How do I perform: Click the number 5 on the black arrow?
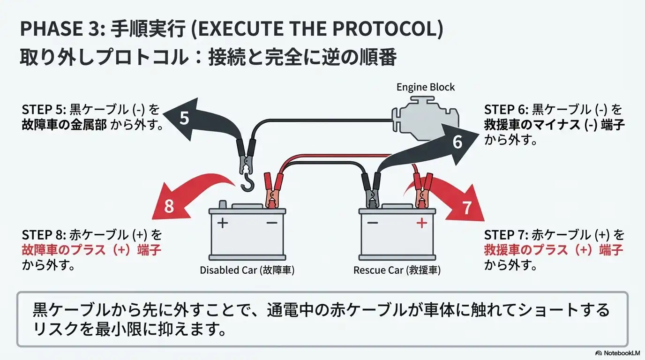(184, 118)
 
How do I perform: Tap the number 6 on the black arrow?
(457, 142)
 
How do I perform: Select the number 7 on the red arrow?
(466, 208)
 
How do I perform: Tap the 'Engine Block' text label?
(425, 87)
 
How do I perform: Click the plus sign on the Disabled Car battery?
(223, 223)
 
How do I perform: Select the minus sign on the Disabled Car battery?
(272, 223)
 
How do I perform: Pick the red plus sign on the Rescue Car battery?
(421, 224)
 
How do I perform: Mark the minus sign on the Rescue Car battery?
(373, 223)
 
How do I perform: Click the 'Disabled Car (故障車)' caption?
(247, 270)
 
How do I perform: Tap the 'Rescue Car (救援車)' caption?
(397, 270)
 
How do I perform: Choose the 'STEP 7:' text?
(506, 235)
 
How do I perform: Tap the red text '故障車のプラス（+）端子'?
(91, 250)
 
